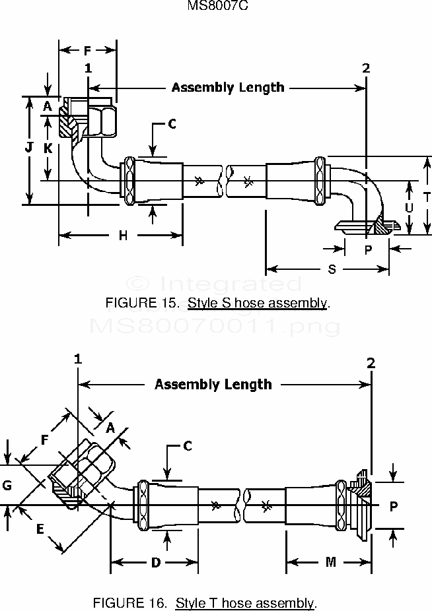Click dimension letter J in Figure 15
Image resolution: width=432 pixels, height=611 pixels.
click(29, 148)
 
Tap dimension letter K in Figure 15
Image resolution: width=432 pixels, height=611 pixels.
click(48, 148)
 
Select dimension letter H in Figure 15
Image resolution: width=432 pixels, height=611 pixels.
click(123, 236)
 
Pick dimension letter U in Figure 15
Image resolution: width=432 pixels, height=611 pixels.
click(409, 207)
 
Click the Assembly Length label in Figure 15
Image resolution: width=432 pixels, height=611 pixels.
click(228, 87)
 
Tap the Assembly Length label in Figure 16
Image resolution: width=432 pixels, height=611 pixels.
click(213, 384)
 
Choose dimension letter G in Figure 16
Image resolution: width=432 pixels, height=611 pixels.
click(7, 486)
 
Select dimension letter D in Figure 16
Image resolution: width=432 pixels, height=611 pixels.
click(155, 562)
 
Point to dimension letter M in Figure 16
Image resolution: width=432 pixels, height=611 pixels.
click(330, 562)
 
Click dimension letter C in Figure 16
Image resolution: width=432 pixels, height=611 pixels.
click(187, 447)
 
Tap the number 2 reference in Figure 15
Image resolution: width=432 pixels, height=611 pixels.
click(367, 68)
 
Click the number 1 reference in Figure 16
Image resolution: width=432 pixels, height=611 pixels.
click(78, 360)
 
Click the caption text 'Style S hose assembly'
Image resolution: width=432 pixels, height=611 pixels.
click(257, 304)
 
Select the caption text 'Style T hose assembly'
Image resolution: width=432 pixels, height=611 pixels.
click(245, 602)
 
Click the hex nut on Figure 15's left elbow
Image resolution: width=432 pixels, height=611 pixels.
click(103, 119)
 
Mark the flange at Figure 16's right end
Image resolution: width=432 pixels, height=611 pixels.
click(361, 505)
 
